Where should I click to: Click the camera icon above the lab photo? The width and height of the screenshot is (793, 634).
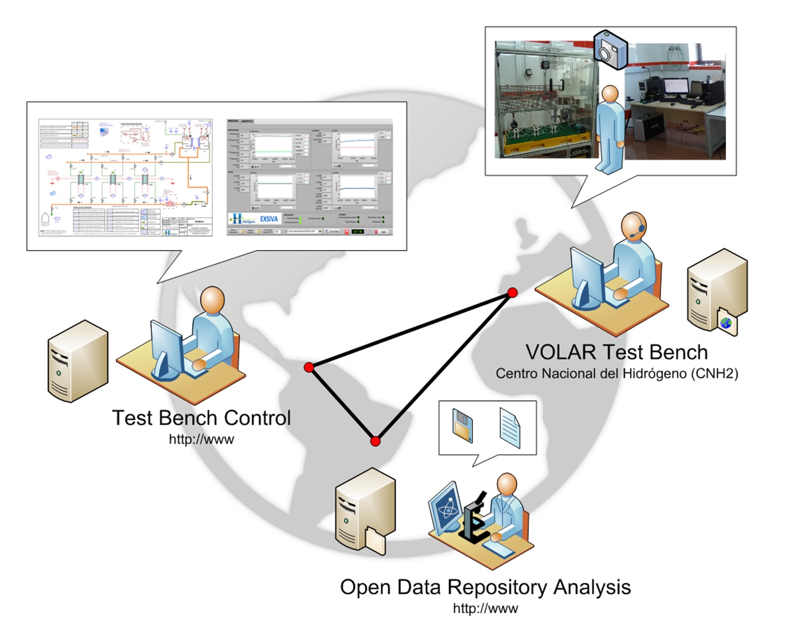611,50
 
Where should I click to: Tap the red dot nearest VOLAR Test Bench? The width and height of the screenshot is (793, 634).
512,292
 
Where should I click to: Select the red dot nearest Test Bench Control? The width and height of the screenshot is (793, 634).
309,367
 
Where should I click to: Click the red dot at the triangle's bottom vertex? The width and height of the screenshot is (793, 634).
375,441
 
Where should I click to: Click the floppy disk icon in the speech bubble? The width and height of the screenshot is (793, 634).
462,425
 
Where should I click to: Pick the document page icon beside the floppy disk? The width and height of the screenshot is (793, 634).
510,427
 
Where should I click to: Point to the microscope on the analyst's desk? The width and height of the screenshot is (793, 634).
475,517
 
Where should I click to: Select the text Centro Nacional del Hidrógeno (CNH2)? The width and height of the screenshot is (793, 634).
616,374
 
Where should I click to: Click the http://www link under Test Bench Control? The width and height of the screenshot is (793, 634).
201,439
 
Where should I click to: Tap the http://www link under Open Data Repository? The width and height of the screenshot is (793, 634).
485,608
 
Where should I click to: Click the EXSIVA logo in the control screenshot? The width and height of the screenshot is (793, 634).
268,219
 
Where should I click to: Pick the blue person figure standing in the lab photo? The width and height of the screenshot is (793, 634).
610,128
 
